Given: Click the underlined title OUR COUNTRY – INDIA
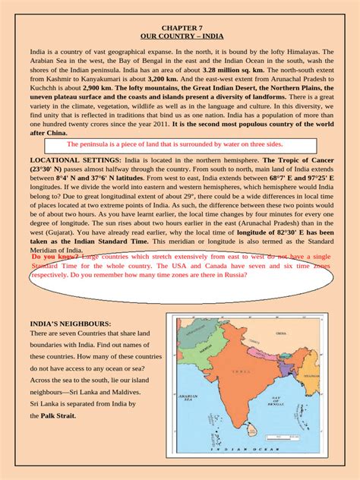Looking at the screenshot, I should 180,35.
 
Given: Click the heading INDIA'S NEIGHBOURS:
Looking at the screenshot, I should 70,324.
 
